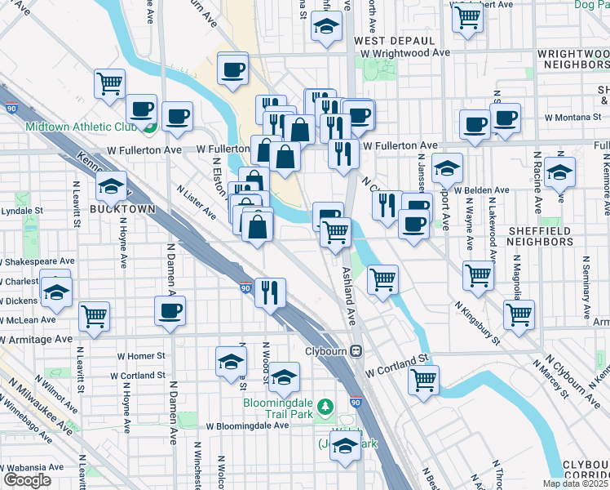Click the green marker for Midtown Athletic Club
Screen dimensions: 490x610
(148, 127)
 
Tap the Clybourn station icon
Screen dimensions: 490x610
(356, 351)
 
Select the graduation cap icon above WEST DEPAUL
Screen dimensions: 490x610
(326, 29)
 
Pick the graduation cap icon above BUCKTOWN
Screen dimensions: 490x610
(111, 186)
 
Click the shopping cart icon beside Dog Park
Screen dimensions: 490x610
(467, 16)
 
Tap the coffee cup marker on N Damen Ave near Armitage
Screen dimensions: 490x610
(170, 310)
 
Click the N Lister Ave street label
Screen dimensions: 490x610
(196, 202)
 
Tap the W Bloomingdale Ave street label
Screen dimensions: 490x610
(247, 425)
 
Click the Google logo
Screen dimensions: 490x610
(27, 480)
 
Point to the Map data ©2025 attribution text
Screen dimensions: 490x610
(575, 483)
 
